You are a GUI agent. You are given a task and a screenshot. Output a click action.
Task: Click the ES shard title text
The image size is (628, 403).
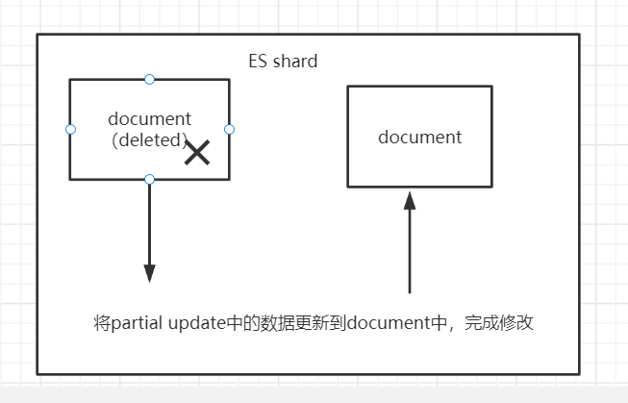click(283, 62)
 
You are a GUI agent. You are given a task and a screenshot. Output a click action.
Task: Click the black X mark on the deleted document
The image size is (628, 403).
click(197, 152)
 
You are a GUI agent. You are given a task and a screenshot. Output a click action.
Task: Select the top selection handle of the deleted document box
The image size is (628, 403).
click(149, 79)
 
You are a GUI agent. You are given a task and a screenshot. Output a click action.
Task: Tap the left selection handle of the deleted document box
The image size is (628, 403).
click(70, 129)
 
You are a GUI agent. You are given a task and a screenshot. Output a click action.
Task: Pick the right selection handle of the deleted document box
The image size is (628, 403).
click(229, 129)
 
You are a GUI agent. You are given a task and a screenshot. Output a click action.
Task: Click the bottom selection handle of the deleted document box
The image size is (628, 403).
click(149, 179)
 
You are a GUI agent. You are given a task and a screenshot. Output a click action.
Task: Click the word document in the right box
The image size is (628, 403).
click(419, 137)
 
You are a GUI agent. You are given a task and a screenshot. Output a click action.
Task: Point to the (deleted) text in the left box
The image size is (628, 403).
click(149, 140)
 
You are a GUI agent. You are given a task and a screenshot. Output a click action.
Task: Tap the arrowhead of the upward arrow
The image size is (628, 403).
click(410, 201)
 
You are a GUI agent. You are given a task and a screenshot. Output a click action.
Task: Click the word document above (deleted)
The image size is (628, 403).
click(149, 119)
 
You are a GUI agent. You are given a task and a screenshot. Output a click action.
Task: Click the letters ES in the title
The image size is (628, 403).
click(257, 62)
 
